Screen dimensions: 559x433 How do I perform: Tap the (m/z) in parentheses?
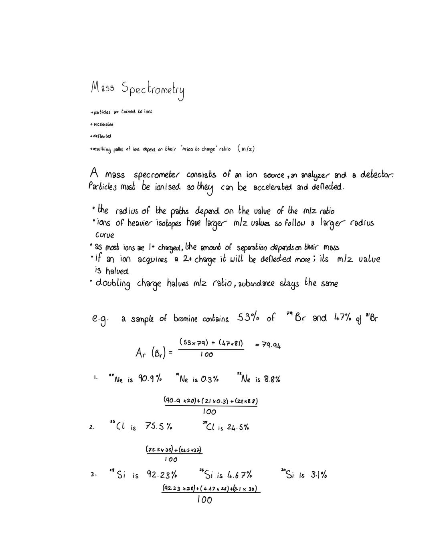246,149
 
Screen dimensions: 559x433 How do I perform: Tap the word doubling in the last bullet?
113,284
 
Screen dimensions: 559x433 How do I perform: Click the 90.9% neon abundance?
150,378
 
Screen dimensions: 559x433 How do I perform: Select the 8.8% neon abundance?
271,379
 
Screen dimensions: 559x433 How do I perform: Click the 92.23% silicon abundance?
162,475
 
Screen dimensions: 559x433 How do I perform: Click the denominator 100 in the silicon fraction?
204,500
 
